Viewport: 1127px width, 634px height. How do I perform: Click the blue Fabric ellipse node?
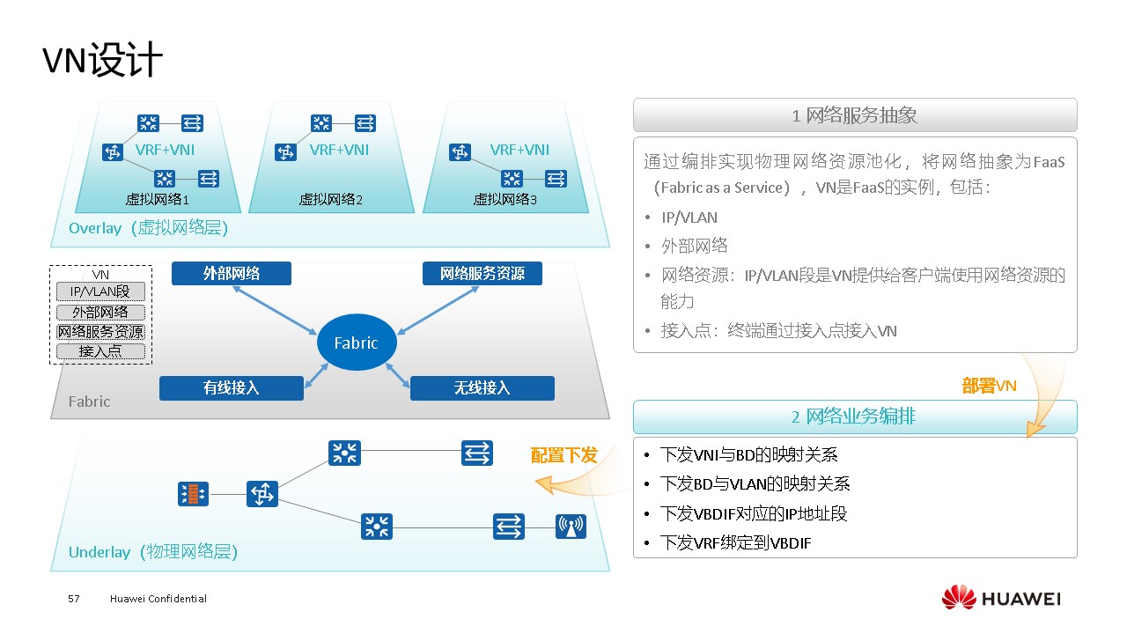coord(357,343)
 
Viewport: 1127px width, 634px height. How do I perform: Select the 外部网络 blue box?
coord(232,273)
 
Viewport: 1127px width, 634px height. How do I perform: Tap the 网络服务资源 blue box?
coord(482,273)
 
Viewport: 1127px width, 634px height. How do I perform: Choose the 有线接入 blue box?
coord(232,387)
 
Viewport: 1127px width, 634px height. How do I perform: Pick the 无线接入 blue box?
coord(482,387)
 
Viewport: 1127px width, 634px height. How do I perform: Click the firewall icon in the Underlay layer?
coord(194,494)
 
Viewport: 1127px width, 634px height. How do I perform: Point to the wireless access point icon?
coord(571,527)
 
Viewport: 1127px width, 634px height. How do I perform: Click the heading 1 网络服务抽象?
coord(854,115)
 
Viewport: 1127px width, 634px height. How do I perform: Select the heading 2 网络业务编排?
coord(854,417)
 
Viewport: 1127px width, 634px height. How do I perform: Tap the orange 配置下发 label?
coord(564,455)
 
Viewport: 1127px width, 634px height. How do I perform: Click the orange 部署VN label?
coord(989,386)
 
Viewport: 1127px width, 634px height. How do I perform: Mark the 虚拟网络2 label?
coord(331,200)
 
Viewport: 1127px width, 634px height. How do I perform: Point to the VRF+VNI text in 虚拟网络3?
coord(519,150)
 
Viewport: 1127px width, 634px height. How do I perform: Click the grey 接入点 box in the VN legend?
coord(100,351)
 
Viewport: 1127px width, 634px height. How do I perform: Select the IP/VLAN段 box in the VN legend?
coord(100,291)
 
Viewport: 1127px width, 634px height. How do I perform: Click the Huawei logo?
coord(1001,599)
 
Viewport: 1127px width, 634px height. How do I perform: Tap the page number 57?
coord(74,599)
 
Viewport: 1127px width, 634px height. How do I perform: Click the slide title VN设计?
coord(103,62)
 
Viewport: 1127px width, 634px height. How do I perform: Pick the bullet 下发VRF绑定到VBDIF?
coord(736,543)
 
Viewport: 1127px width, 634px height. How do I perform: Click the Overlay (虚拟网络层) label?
coord(148,229)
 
